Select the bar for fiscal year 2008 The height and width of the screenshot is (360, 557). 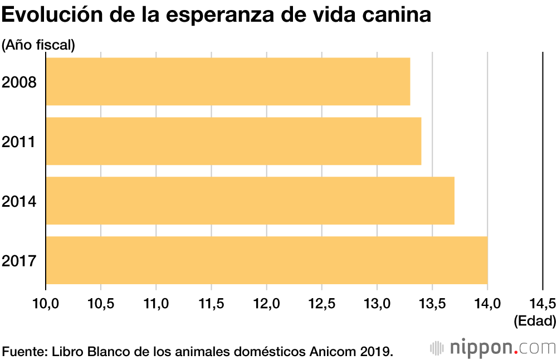228,81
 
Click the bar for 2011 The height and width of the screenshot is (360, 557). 233,141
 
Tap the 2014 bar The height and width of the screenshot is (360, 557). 250,201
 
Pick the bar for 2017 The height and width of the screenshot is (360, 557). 267,260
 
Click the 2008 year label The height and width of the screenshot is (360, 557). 19,82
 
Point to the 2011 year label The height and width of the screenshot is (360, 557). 19,142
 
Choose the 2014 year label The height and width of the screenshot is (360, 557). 19,201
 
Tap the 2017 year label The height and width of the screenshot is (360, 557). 19,261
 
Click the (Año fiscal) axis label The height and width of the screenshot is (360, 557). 38,45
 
